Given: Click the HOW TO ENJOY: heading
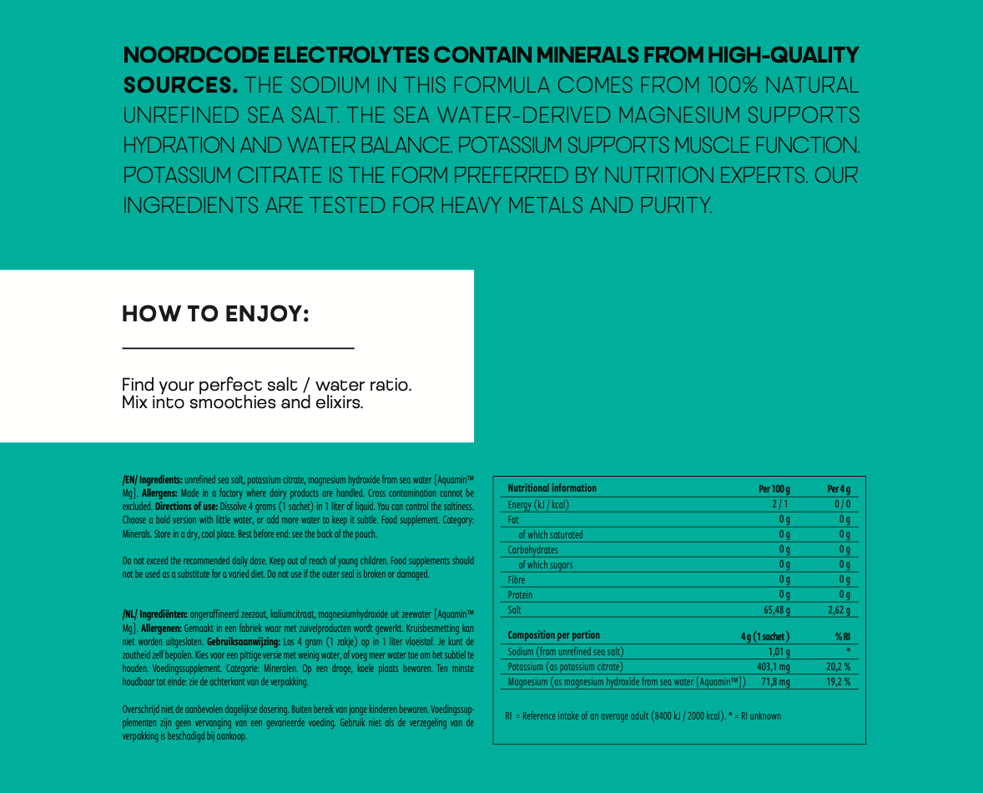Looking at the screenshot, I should point(215,315).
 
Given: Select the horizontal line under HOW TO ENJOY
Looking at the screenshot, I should point(238,348).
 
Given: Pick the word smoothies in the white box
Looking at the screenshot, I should point(232,403).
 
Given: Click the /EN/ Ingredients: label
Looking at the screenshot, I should point(152,480).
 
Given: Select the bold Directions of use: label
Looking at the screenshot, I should point(186,507).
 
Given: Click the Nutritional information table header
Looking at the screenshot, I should point(552,488).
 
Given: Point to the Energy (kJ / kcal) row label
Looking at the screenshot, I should point(539,504).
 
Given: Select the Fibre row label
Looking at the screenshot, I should point(517,580).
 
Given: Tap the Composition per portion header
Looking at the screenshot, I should point(553,635).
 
